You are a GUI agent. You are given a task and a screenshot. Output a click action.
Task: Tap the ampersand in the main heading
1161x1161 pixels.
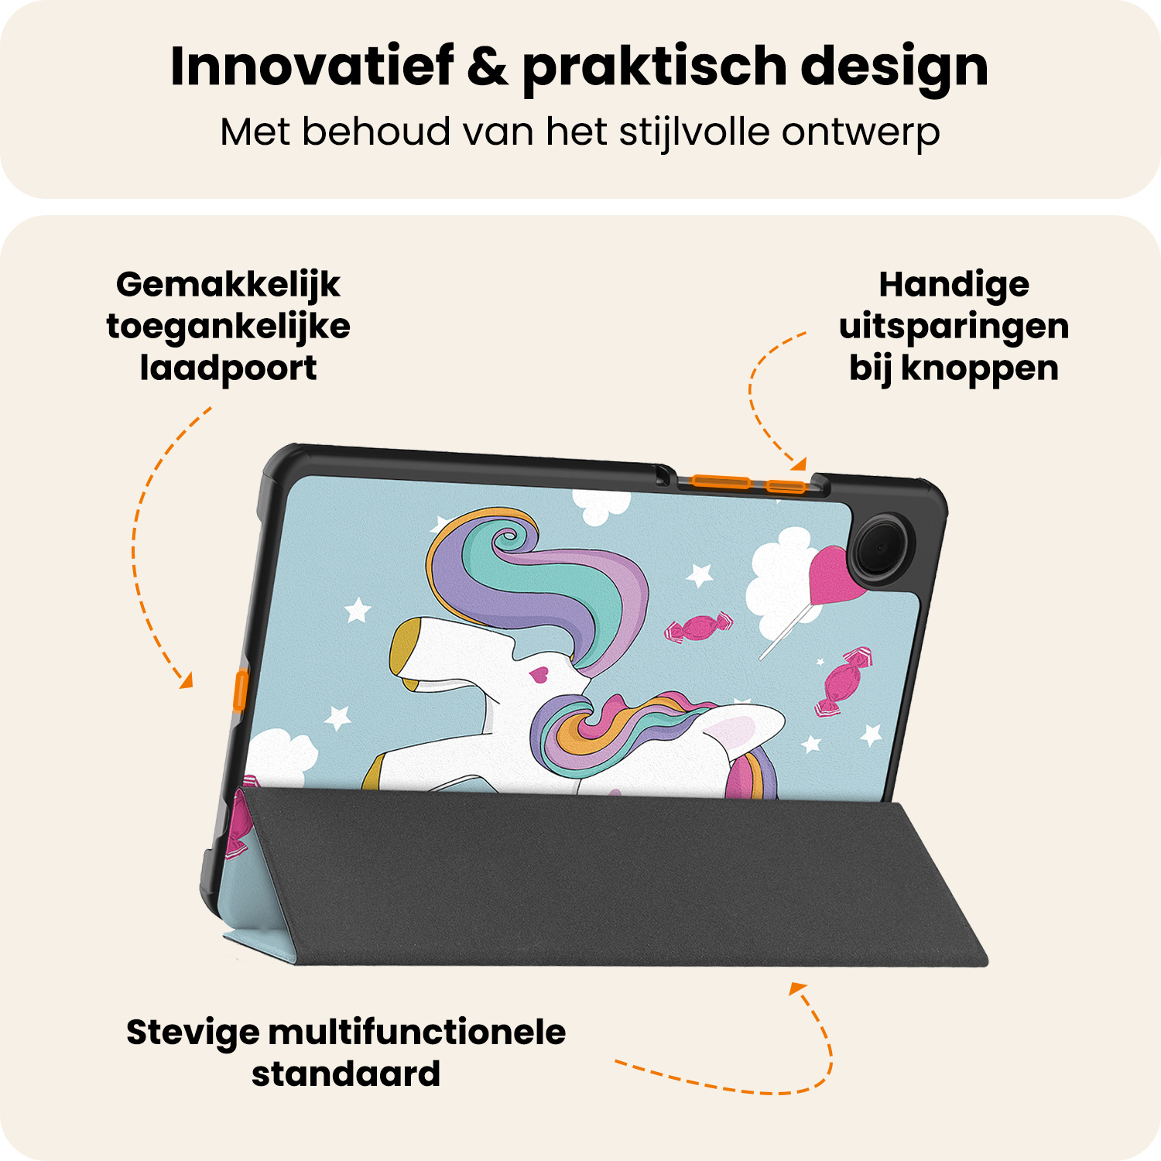[488, 67]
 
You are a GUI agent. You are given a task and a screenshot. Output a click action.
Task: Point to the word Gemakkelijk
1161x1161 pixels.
[228, 286]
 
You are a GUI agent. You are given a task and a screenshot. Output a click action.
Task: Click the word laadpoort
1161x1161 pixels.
[228, 369]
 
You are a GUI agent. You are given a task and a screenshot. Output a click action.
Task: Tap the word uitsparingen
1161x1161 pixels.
[954, 327]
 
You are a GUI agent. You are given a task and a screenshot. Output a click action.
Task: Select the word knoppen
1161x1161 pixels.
[980, 368]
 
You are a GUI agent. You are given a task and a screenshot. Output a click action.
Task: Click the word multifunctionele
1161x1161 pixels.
[417, 1033]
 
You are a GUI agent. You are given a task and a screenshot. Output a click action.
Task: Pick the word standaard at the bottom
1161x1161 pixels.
[346, 1074]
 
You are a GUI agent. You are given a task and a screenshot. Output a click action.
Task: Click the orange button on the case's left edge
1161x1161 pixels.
[241, 691]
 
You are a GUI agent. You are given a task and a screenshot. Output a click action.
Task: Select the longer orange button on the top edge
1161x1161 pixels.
[721, 482]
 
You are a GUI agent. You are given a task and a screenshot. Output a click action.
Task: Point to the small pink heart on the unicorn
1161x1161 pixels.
[539, 675]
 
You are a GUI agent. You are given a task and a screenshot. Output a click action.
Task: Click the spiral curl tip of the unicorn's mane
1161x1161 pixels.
[508, 537]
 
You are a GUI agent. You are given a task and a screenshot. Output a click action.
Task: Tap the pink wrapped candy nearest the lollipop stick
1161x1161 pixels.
[699, 627]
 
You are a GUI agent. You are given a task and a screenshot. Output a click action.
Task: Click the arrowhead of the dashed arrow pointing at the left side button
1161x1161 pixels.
[186, 682]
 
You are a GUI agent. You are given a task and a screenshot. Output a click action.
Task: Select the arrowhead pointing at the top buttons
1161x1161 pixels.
[799, 464]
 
